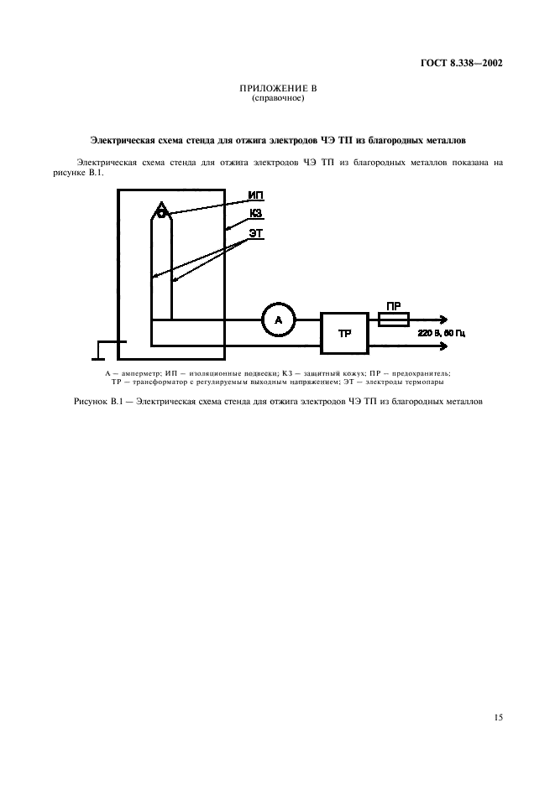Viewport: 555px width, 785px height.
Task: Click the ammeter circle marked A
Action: point(278,320)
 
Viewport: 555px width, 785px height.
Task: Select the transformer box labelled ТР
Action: point(344,333)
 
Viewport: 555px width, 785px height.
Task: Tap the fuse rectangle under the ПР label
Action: point(394,320)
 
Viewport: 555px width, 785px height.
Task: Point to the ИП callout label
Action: point(255,195)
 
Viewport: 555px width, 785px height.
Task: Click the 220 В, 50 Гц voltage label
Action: point(442,333)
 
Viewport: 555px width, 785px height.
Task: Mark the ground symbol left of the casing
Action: point(108,345)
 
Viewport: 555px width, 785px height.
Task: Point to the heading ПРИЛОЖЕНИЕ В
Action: point(278,89)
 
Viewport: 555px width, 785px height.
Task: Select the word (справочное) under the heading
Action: point(278,97)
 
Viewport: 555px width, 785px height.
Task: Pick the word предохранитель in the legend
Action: point(417,372)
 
